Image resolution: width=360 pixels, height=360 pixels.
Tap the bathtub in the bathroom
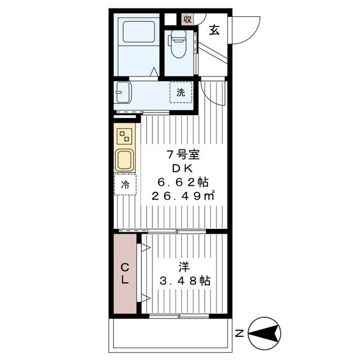(x=139, y=33)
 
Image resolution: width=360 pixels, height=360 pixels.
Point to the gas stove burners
(x=125, y=136)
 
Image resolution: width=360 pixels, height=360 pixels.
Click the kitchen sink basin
(x=124, y=160)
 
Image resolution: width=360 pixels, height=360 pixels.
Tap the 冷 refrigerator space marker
(x=125, y=184)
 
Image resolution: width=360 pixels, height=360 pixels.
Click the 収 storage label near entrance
(x=187, y=18)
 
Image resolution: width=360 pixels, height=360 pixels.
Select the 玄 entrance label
(x=215, y=30)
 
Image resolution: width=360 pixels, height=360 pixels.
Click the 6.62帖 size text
(x=181, y=182)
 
